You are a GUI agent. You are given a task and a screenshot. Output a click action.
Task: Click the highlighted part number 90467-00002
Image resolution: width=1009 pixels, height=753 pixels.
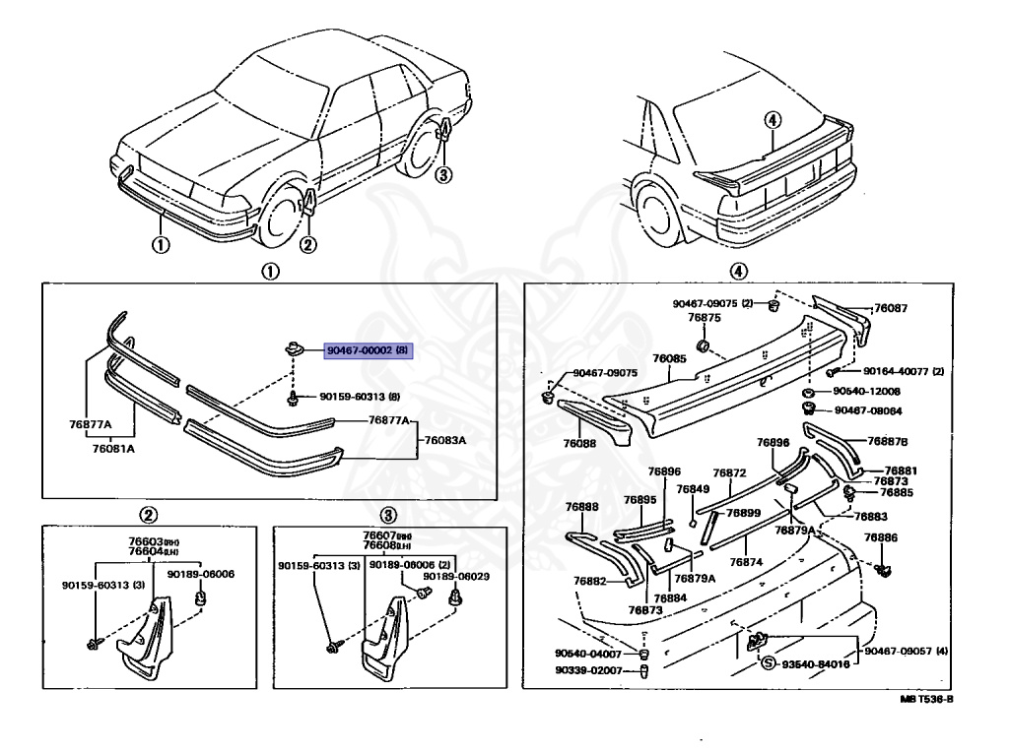(x=356, y=350)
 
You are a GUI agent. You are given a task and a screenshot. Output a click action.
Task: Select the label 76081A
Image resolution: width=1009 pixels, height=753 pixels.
(x=115, y=448)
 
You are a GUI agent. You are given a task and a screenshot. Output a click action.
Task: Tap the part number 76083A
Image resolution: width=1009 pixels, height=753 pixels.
(x=445, y=439)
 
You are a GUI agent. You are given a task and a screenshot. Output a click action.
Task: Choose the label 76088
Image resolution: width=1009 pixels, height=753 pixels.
(x=581, y=445)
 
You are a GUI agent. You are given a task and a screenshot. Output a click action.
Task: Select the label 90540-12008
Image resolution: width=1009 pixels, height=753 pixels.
(x=870, y=392)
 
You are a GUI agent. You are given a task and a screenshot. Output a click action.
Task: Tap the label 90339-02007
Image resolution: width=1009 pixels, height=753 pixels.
(x=589, y=670)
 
